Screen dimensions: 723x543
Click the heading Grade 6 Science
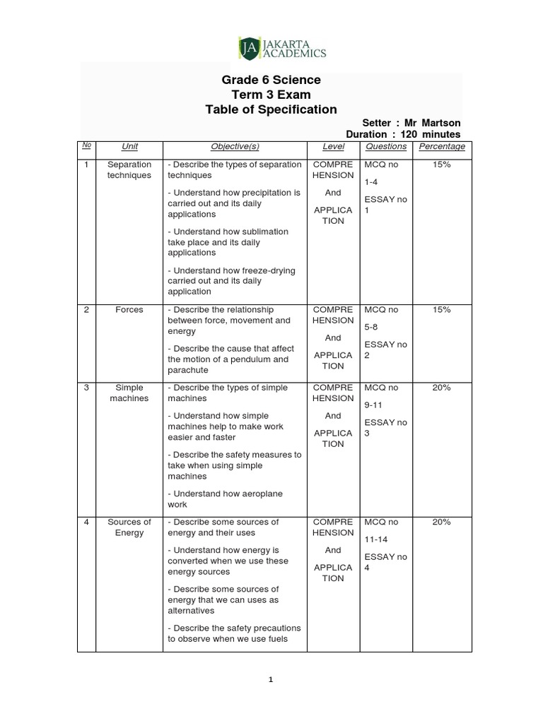click(x=271, y=80)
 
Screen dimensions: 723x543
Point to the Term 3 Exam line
click(x=271, y=95)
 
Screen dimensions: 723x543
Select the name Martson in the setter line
click(x=442, y=123)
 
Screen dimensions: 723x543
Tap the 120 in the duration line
click(x=410, y=134)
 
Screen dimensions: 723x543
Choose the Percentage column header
click(x=442, y=147)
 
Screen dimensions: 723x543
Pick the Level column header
click(x=333, y=147)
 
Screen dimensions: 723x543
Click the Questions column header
click(x=386, y=147)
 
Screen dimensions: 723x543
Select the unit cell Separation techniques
click(x=129, y=169)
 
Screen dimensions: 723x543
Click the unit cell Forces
click(x=129, y=309)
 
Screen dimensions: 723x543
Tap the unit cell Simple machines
click(x=129, y=393)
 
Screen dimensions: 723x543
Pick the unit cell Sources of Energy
click(x=129, y=527)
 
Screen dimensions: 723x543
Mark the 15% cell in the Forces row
click(x=442, y=309)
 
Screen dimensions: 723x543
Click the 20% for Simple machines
click(x=442, y=388)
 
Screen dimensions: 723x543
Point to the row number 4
click(x=86, y=522)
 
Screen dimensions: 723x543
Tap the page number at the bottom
click(x=271, y=680)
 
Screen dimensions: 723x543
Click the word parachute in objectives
click(x=188, y=370)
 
